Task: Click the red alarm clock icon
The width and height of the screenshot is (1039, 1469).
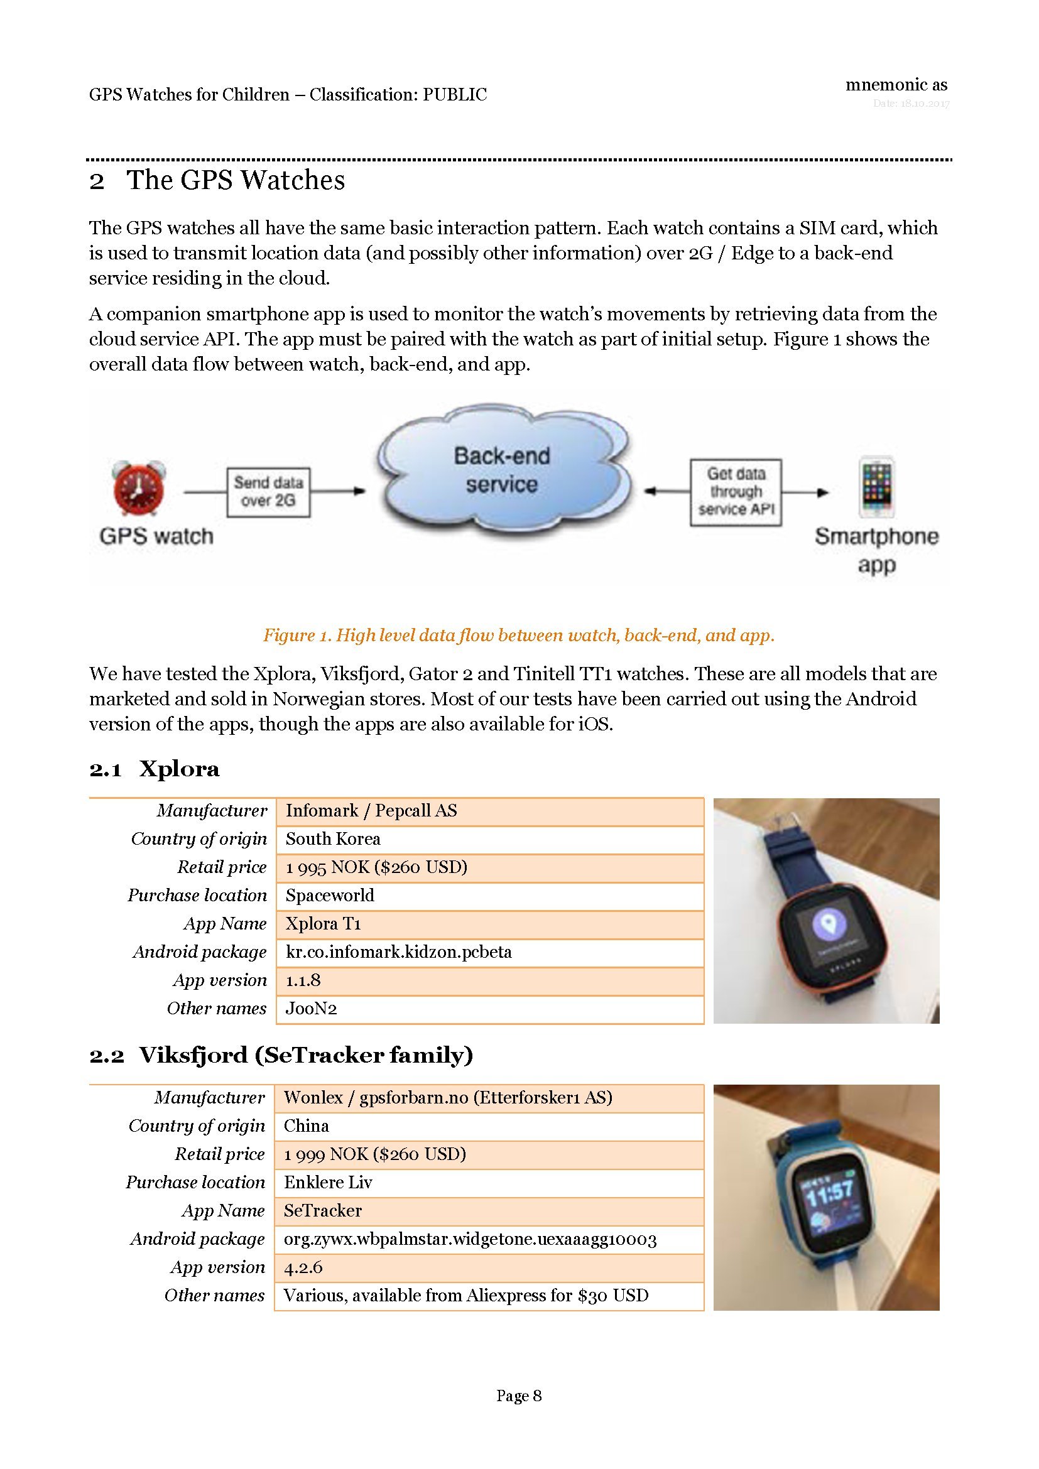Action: click(x=138, y=489)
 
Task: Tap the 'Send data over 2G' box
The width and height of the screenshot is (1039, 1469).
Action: click(x=268, y=491)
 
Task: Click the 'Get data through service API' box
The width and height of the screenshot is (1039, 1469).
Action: click(x=736, y=491)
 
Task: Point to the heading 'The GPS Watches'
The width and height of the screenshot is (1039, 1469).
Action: click(x=236, y=180)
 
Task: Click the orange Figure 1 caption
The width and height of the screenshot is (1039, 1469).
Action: click(x=519, y=636)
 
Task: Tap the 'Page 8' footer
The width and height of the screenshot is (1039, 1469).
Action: click(x=519, y=1396)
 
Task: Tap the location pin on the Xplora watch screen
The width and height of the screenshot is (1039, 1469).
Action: click(x=829, y=923)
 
